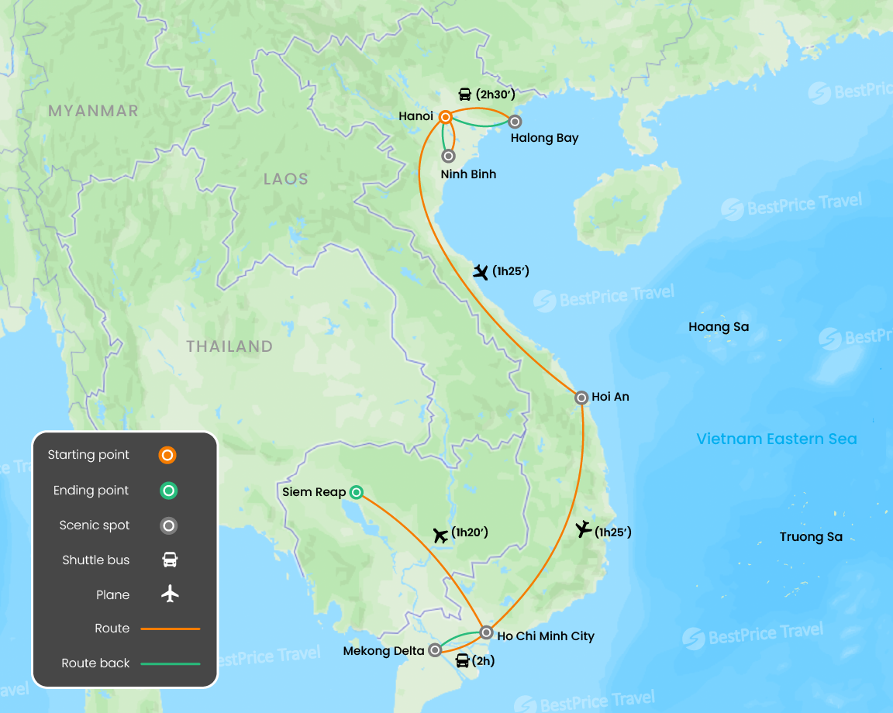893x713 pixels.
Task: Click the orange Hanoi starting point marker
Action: click(x=446, y=117)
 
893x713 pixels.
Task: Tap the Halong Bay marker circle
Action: click(x=514, y=121)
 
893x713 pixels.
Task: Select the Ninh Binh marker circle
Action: click(x=447, y=156)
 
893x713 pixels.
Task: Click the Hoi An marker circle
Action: click(x=581, y=398)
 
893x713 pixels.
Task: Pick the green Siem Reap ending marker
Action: click(x=356, y=491)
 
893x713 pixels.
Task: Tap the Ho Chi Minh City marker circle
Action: click(x=485, y=632)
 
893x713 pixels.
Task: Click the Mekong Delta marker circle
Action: click(x=436, y=650)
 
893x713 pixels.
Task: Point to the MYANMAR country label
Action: click(x=93, y=111)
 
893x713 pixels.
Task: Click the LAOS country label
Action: click(x=285, y=179)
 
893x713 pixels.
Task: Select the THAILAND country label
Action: click(x=229, y=346)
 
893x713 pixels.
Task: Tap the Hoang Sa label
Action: click(x=719, y=327)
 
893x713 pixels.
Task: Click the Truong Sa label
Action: click(x=811, y=537)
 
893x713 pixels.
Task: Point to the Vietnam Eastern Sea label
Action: click(x=776, y=439)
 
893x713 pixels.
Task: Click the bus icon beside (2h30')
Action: click(x=464, y=95)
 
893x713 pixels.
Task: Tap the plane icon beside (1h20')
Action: click(x=440, y=534)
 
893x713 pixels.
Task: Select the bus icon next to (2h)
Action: click(x=462, y=661)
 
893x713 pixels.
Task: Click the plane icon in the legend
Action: click(x=170, y=594)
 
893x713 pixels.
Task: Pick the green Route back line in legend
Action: click(x=170, y=663)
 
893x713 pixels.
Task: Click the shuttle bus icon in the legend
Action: click(x=170, y=560)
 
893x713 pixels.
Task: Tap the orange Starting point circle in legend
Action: click(x=167, y=455)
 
